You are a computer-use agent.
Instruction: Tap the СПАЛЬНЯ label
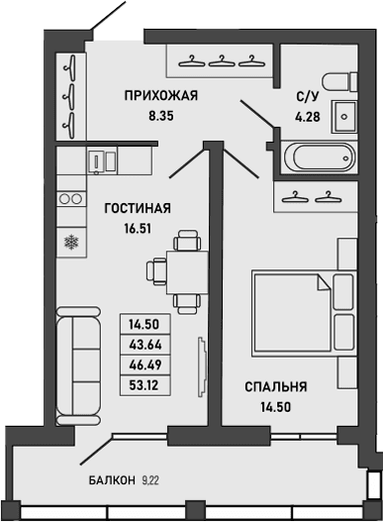276,386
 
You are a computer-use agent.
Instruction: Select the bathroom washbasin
344,115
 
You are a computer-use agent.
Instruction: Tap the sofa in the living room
78,362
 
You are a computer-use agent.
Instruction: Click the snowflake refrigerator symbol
70,240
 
